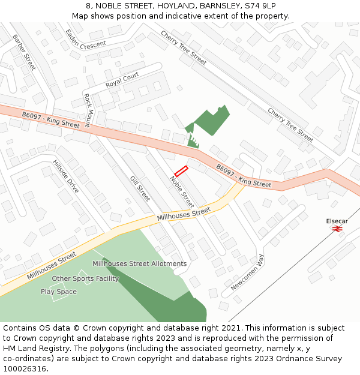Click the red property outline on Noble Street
point(181,171)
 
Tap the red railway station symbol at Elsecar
point(337,229)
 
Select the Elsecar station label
point(337,221)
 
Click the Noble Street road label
point(182,191)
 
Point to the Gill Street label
point(140,188)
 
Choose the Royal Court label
point(122,80)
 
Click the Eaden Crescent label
point(86,40)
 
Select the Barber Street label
point(24,52)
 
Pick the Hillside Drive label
point(65,176)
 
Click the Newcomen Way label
point(247,272)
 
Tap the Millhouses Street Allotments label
point(139,263)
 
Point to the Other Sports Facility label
point(85,278)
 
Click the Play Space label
point(59,292)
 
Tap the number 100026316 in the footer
point(25,368)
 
